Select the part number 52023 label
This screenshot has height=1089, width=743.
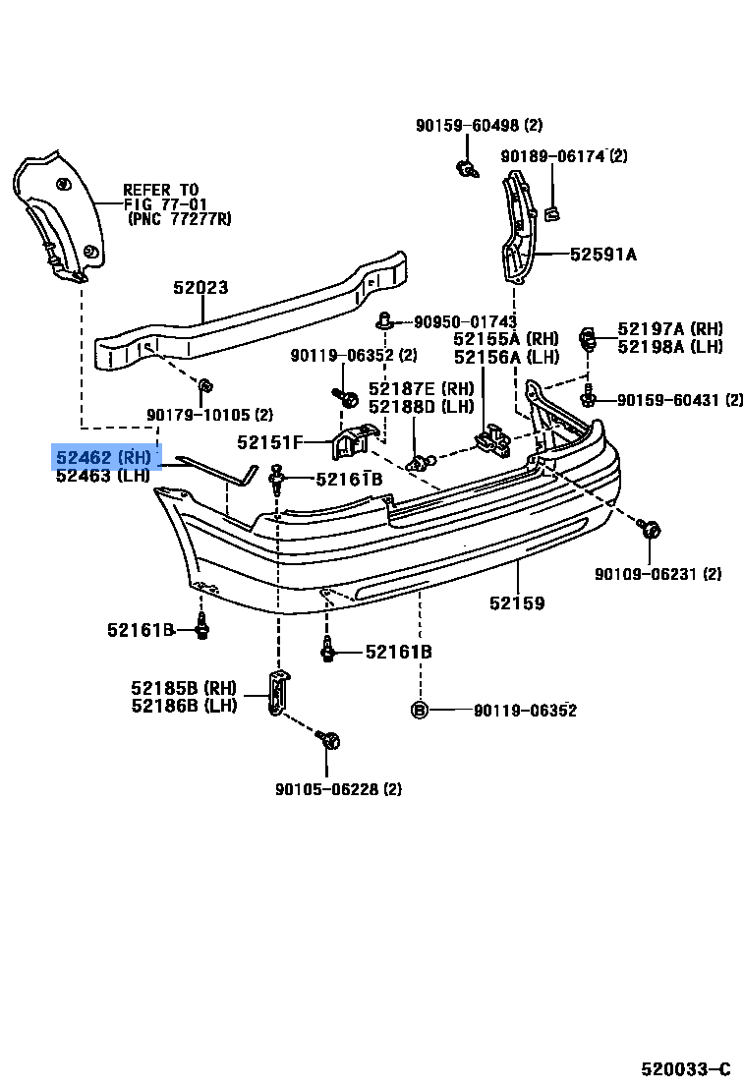coord(200,288)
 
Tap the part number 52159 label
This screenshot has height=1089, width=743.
coord(517,603)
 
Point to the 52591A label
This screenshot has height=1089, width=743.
coord(603,255)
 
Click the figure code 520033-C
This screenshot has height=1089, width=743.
coord(685,1068)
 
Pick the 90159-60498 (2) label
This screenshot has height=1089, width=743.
coord(479,125)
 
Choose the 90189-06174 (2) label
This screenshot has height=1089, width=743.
coord(564,156)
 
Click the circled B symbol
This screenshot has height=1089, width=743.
coord(419,711)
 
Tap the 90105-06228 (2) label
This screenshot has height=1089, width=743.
coord(338,788)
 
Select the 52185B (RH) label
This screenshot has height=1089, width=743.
coord(185,688)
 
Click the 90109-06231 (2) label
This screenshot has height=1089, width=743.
coord(657,574)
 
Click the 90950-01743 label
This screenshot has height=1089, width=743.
coord(465,321)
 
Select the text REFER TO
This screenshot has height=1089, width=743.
coord(160,190)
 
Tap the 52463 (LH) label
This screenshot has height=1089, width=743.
coord(102,477)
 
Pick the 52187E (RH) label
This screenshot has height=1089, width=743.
coord(421,389)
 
